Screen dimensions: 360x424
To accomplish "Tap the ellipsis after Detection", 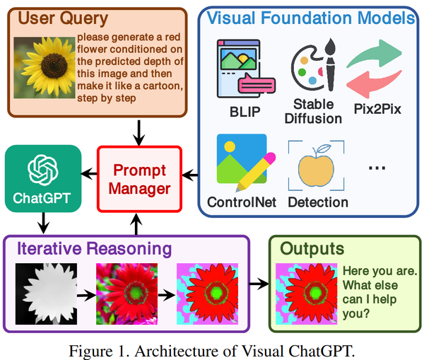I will [377, 168].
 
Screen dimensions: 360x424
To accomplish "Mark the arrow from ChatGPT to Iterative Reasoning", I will [43, 221].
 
